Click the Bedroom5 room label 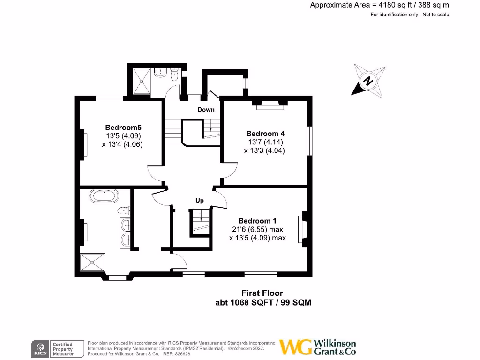click(x=123, y=127)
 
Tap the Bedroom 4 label click(x=265, y=133)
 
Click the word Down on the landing click(x=206, y=110)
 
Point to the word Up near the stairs click(x=200, y=201)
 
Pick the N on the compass click(x=369, y=80)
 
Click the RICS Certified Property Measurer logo click(x=53, y=348)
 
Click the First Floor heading click(x=262, y=293)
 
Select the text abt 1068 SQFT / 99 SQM click(x=263, y=303)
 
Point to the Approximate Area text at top click(x=379, y=5)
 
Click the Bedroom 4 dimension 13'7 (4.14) click(x=265, y=142)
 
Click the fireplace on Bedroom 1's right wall click(x=303, y=230)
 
